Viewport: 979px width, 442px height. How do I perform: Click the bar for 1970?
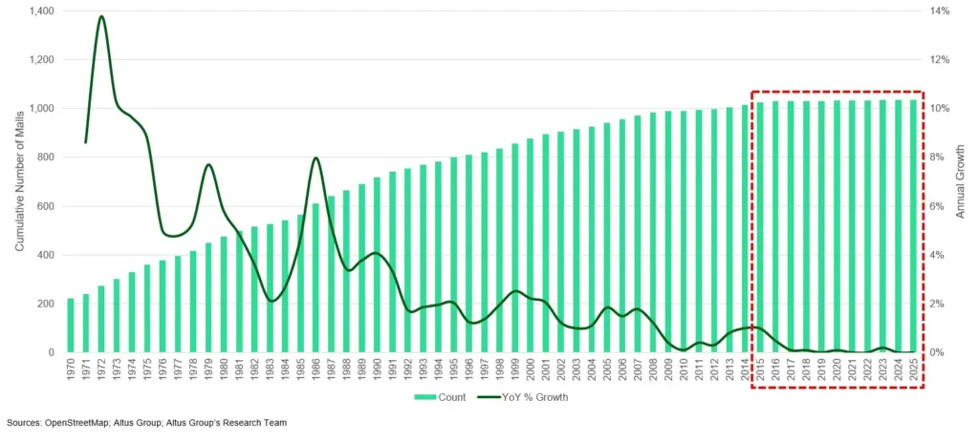(x=71, y=326)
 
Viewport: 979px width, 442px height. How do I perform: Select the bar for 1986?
(x=316, y=278)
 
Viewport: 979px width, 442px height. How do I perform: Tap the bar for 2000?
(x=531, y=245)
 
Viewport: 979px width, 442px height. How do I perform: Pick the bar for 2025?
(x=913, y=226)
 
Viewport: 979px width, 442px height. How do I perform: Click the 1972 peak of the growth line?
(x=101, y=16)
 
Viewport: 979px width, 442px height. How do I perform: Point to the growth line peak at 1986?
(x=316, y=158)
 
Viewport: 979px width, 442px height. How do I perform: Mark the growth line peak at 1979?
(x=208, y=165)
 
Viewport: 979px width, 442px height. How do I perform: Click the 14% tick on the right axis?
(x=941, y=11)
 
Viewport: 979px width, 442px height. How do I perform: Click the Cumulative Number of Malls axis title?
(x=18, y=181)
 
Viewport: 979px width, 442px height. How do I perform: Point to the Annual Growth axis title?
(x=961, y=181)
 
